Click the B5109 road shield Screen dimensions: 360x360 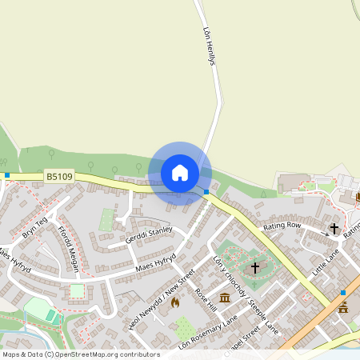click(59, 176)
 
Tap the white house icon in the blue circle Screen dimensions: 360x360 click(179, 173)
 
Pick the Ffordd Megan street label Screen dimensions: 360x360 click(68, 250)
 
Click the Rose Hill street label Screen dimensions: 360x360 click(205, 299)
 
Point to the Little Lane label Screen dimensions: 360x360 click(326, 261)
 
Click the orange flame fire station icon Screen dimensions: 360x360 click(174, 302)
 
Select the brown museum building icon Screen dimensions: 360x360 click(224, 298)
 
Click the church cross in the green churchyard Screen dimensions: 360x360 click(255, 266)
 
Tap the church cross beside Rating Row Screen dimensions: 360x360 click(334, 228)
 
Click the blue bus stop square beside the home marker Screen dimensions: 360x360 click(206, 192)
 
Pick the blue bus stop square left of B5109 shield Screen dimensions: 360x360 click(7, 174)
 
